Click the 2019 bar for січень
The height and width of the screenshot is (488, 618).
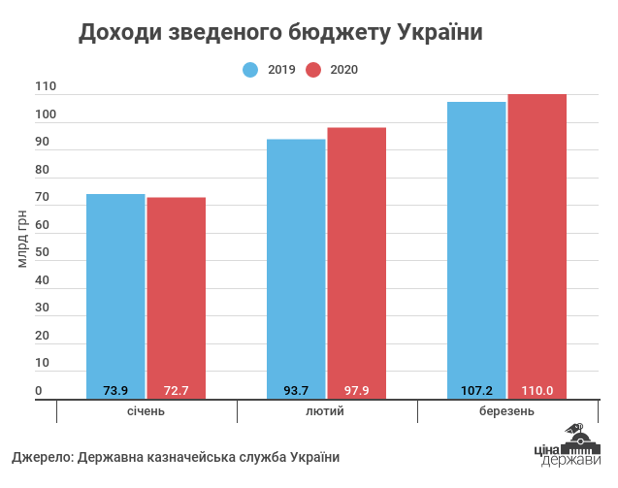tap(115, 291)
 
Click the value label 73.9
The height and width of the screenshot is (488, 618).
tap(115, 391)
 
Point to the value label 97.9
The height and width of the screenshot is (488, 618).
tap(357, 391)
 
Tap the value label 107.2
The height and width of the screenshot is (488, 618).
tap(476, 391)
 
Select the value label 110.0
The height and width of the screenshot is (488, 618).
tap(537, 391)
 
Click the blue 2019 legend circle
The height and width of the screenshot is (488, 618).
tap(250, 69)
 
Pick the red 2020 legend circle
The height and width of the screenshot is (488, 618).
tap(313, 69)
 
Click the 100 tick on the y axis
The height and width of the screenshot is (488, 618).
tap(47, 115)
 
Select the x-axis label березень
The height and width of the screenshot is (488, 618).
tap(506, 411)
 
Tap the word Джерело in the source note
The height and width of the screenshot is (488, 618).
tap(42, 457)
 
